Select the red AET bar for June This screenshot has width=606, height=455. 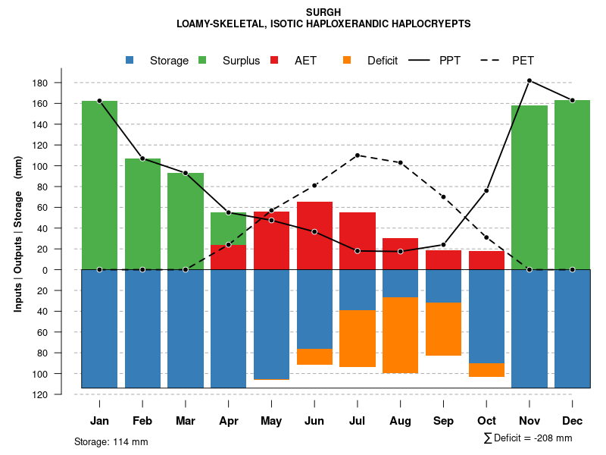pyautogui.click(x=314, y=235)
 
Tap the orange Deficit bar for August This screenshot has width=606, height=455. pyautogui.click(x=401, y=334)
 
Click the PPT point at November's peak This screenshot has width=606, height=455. pyautogui.click(x=529, y=80)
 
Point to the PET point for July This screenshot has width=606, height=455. pyautogui.click(x=358, y=155)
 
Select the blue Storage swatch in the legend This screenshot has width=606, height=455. pyautogui.click(x=130, y=61)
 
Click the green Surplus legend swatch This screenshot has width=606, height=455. pyautogui.click(x=203, y=61)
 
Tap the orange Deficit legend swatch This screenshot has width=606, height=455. pyautogui.click(x=348, y=61)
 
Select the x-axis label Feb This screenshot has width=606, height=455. pyautogui.click(x=142, y=421)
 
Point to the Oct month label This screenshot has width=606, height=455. pyautogui.click(x=486, y=421)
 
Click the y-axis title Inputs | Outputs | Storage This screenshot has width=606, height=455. pyautogui.click(x=18, y=233)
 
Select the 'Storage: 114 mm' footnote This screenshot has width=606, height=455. pyautogui.click(x=111, y=441)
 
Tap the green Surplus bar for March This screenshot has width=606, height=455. pyautogui.click(x=186, y=221)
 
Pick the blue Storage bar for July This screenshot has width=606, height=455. pyautogui.click(x=358, y=290)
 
